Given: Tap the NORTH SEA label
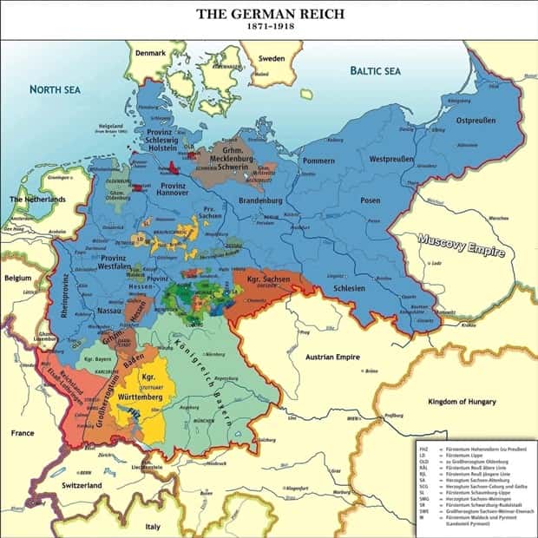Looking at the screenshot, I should (56, 89).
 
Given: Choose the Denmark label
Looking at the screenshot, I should (156, 55).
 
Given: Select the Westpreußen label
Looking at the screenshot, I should (391, 161).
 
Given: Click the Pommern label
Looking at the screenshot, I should (318, 161).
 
